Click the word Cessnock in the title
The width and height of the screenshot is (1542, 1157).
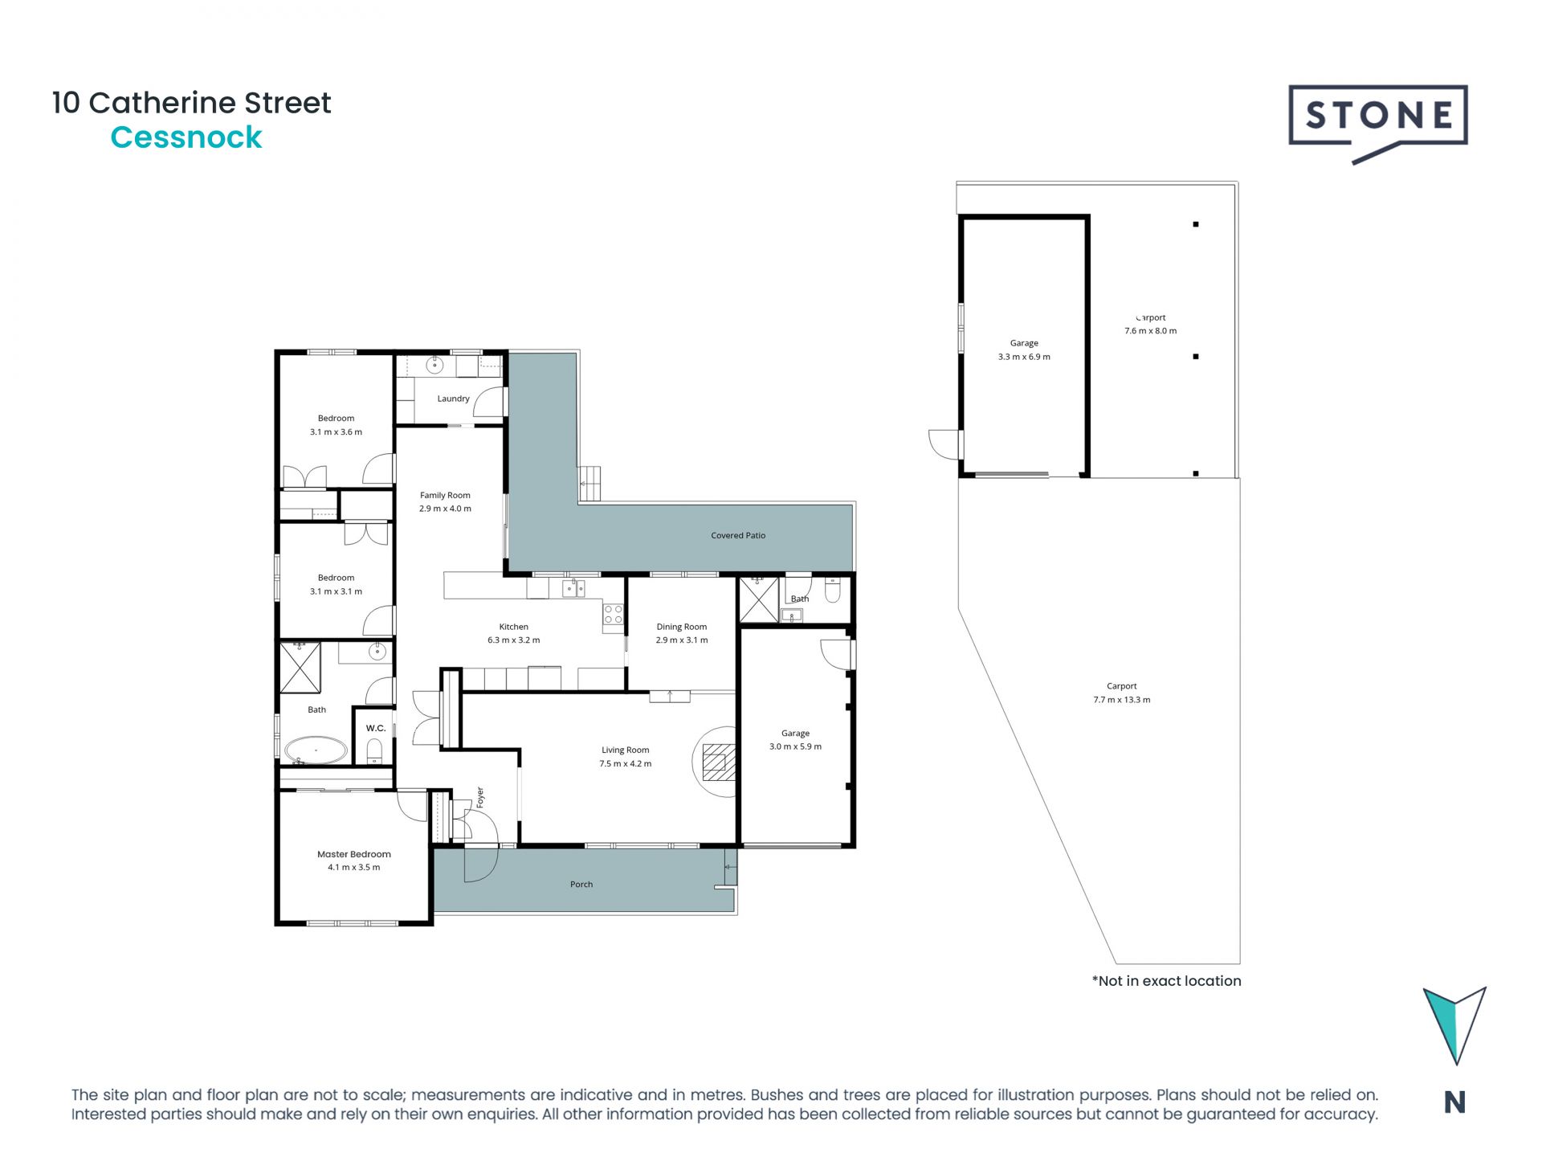[186, 137]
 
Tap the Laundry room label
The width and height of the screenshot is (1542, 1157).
[453, 399]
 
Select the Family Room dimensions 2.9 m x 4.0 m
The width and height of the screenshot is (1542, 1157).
[445, 509]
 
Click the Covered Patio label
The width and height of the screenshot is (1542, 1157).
[737, 535]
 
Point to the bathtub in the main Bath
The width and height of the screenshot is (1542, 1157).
[316, 750]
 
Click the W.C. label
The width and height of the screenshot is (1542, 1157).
[376, 728]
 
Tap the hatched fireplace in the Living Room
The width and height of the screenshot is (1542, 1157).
[718, 762]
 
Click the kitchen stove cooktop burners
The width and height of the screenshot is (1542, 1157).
[613, 615]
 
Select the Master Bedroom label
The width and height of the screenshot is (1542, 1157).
[353, 854]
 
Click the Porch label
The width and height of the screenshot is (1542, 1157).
[581, 885]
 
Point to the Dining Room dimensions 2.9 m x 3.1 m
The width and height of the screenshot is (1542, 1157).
[681, 640]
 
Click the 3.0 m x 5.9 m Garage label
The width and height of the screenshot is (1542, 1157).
[795, 746]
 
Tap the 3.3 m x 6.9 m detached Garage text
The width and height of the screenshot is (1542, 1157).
[1023, 357]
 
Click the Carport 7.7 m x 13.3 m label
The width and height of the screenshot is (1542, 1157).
[1121, 693]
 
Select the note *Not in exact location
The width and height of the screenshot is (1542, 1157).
[1165, 981]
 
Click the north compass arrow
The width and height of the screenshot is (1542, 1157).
[1454, 1024]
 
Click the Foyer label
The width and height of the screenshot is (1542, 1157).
[480, 797]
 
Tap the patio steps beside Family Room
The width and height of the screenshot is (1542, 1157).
[590, 483]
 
